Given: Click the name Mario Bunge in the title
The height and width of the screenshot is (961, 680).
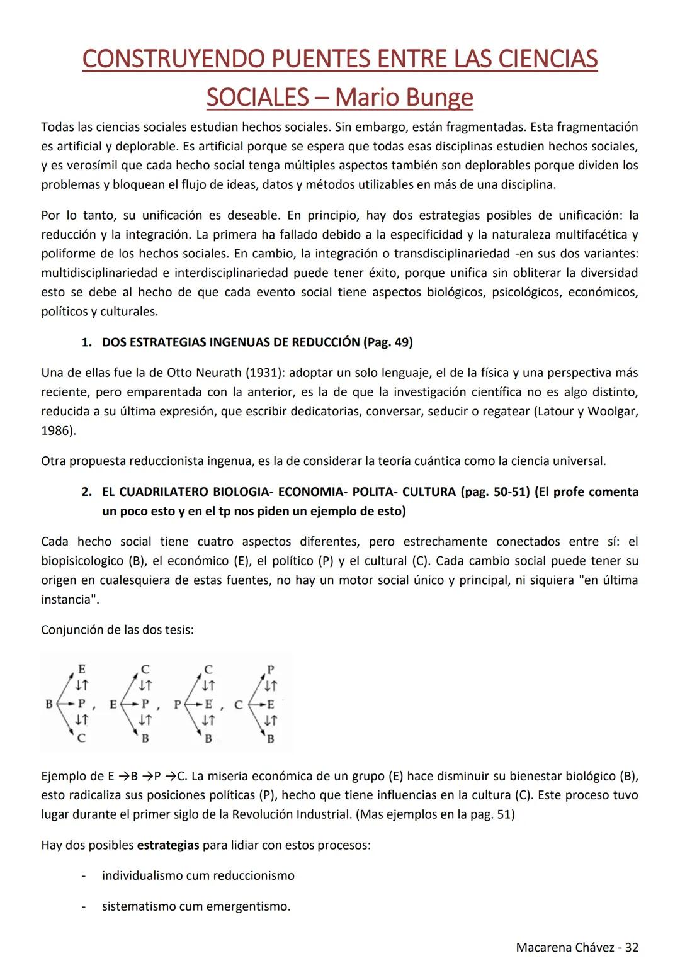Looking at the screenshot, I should (404, 98).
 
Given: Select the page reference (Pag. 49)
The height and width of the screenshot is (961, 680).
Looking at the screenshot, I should (388, 342).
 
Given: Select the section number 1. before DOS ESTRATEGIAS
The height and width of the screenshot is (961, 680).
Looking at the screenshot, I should (87, 342).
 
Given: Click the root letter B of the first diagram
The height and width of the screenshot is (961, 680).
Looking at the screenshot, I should (49, 704).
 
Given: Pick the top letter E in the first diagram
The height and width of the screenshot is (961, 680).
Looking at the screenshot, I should (81, 668).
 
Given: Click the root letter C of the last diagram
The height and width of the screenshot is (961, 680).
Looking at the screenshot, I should (239, 705).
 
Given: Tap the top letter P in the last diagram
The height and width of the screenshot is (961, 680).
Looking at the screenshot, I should (271, 669).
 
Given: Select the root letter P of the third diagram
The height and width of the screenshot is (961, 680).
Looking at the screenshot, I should (178, 704).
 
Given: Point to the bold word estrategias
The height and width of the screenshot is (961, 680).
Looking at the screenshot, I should (168, 845).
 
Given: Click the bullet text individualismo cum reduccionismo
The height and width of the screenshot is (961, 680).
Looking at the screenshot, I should (198, 875).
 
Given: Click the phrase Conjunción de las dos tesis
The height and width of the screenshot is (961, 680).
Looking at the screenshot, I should (117, 630).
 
